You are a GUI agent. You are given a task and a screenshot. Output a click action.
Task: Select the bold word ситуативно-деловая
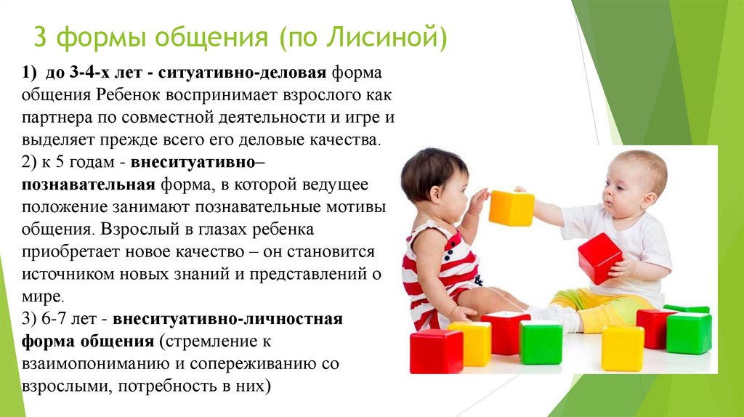click(242, 73)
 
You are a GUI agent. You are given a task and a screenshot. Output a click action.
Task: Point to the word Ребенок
click(129, 95)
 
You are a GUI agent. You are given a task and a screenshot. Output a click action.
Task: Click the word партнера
click(57, 118)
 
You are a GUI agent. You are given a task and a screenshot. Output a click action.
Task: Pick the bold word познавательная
click(88, 185)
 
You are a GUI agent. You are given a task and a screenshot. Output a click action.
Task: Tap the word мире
click(43, 297)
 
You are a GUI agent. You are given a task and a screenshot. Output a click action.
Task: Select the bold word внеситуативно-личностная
click(227, 319)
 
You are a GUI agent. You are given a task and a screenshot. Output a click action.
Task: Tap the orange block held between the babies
click(511, 208)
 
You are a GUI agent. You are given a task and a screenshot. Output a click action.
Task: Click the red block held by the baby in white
click(599, 258)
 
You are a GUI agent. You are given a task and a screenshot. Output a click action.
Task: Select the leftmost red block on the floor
click(436, 352)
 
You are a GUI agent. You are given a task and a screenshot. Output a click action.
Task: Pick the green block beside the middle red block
click(541, 342)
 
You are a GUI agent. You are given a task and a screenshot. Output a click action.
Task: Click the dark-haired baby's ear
click(436, 193)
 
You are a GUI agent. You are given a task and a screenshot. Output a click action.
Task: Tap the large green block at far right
click(689, 333)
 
